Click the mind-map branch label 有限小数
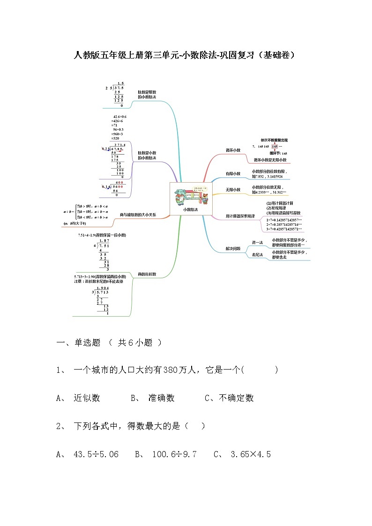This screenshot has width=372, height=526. tap(232, 174)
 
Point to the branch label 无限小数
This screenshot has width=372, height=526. tap(232, 190)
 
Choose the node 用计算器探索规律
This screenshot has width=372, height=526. tap(240, 216)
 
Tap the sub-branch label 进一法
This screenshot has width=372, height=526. tap(258, 242)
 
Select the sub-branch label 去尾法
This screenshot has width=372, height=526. tap(258, 255)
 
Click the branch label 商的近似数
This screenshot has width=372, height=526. tap(147, 274)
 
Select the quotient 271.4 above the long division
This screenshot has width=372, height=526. tap(120, 145)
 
